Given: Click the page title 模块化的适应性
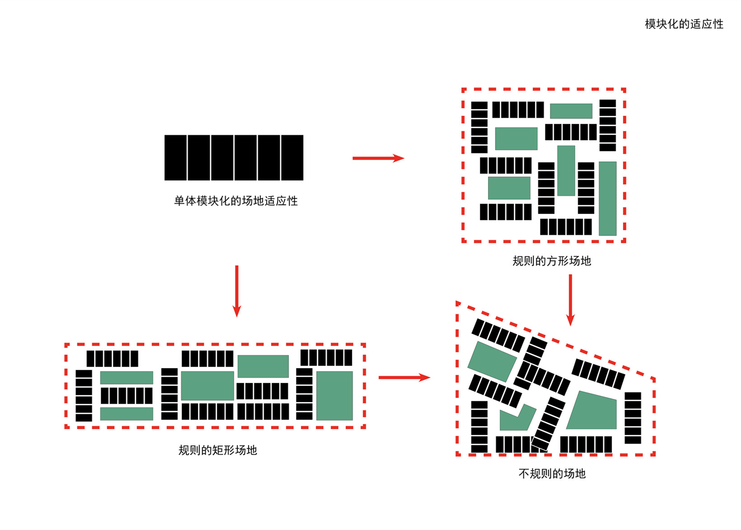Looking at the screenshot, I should (x=684, y=24).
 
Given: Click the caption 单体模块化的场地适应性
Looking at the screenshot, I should (x=236, y=201).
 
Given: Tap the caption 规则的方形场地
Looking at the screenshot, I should (x=552, y=261).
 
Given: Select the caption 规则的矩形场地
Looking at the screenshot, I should (x=218, y=450).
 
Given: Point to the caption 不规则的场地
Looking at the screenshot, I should (x=552, y=473).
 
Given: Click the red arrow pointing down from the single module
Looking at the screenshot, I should (x=237, y=291).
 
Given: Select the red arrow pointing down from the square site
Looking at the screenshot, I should (x=570, y=299).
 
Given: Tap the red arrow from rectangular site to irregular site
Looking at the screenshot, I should (x=404, y=377).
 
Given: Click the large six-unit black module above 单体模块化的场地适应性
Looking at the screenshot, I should (x=234, y=157).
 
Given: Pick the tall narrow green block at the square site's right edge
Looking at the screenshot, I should (x=607, y=198).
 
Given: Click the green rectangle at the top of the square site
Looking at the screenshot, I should (x=571, y=111).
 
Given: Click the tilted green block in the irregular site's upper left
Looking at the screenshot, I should (x=492, y=361).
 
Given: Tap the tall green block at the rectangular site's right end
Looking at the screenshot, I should (x=334, y=396).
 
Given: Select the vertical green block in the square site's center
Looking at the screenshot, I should (x=566, y=170).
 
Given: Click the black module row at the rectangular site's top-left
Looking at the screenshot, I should (x=113, y=359).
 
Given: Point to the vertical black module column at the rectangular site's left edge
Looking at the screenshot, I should (x=84, y=396).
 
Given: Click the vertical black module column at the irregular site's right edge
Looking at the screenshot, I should (x=633, y=418).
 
